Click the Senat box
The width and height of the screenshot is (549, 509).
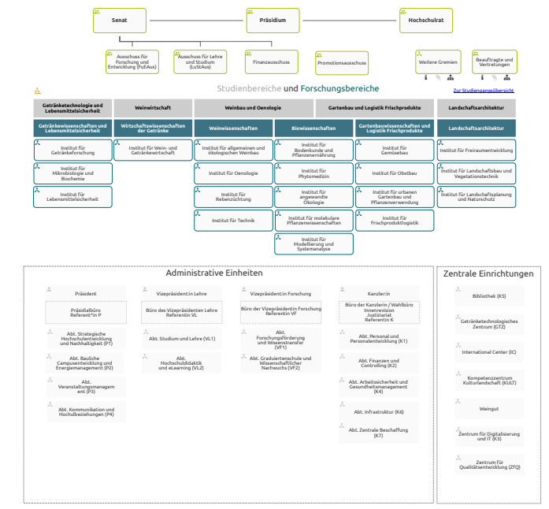pyautogui.click(x=120, y=20)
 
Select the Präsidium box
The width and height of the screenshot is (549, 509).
pyautogui.click(x=273, y=20)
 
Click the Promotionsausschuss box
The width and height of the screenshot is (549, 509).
pyautogui.click(x=342, y=62)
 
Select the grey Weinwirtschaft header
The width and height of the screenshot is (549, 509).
pyautogui.click(x=153, y=107)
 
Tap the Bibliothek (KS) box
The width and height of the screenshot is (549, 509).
pyautogui.click(x=488, y=296)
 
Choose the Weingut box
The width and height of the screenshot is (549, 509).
pyautogui.click(x=488, y=409)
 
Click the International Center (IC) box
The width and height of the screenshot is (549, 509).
pyautogui.click(x=488, y=352)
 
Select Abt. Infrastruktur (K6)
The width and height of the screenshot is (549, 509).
pyautogui.click(x=378, y=412)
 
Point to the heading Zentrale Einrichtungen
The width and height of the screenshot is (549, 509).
pyautogui.click(x=488, y=274)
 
